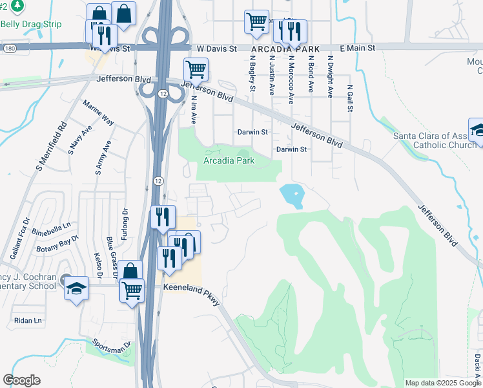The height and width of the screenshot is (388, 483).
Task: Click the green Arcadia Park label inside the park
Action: click(229, 160)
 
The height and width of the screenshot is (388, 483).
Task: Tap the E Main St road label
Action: click(356, 48)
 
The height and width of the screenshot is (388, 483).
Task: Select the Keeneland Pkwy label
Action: click(192, 286)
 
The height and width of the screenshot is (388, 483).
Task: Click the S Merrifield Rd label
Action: click(52, 147)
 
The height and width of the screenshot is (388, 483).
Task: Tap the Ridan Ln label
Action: click(28, 320)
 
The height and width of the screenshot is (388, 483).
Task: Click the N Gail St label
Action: click(350, 98)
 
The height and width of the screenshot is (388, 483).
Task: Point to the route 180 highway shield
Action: click(8, 48)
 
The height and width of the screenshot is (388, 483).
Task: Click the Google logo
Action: click(21, 380)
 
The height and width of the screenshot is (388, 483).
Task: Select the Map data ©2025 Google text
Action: click(442, 383)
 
